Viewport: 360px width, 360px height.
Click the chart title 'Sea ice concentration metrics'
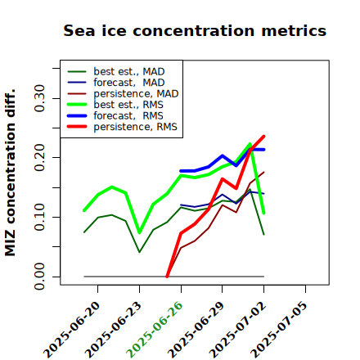(195, 30)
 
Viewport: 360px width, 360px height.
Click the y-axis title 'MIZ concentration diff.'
(10, 173)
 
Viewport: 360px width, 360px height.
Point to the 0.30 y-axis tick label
(40, 98)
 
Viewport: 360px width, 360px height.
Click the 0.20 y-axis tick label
(40, 158)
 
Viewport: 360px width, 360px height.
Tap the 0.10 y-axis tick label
(40, 217)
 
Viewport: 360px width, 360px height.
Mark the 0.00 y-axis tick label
(40, 277)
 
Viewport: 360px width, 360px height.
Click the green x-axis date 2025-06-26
(155, 330)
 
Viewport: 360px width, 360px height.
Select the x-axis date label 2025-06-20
(71, 330)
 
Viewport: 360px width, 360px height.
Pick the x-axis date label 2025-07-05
(279, 330)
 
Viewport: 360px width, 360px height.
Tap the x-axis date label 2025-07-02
(237, 330)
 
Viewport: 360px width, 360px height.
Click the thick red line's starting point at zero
(167, 277)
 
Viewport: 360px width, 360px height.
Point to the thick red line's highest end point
(263, 136)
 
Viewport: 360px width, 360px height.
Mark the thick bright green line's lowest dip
(139, 232)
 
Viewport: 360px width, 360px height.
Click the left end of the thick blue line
(181, 171)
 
